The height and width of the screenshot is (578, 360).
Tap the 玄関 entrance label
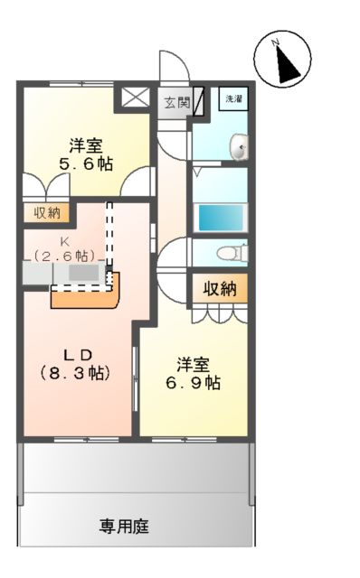[x=176, y=102]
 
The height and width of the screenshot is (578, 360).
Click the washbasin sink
[x=240, y=145]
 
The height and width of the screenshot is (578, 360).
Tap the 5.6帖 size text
[x=87, y=165]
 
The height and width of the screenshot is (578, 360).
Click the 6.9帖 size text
[x=194, y=382]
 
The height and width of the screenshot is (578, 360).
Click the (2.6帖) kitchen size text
[x=64, y=256]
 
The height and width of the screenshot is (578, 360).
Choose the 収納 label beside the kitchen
[x=47, y=213]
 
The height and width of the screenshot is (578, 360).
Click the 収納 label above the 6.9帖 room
[x=218, y=289]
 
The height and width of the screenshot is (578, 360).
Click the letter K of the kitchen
[x=64, y=241]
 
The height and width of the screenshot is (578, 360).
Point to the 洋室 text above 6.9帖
[x=193, y=363]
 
